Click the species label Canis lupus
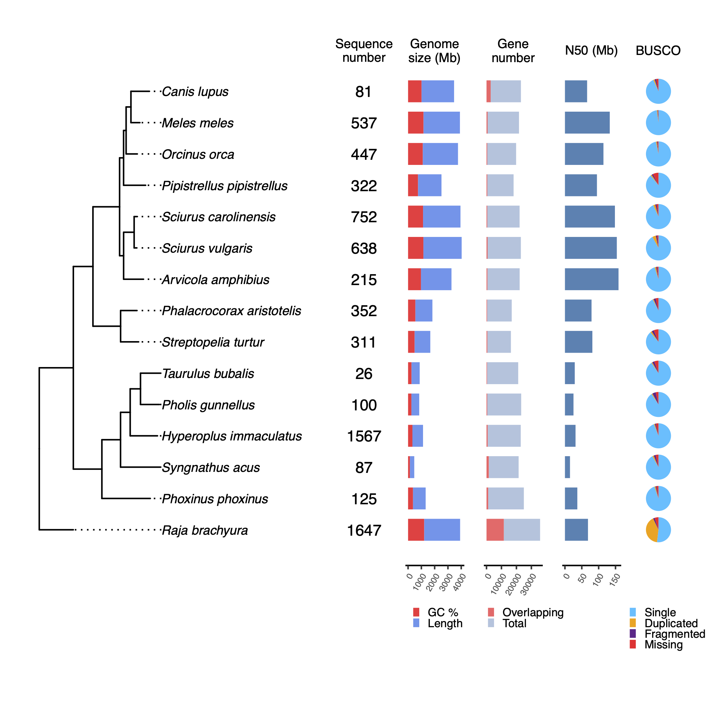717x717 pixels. [x=195, y=92]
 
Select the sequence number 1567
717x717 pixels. [x=364, y=436]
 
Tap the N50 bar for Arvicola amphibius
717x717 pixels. [x=591, y=279]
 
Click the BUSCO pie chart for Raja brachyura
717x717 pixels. [x=658, y=530]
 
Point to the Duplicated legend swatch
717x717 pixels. [x=633, y=623]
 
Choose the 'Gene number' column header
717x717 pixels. [x=513, y=51]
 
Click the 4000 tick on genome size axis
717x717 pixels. [x=461, y=567]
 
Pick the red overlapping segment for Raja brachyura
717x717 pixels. [x=495, y=530]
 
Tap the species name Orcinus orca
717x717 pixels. [x=198, y=154]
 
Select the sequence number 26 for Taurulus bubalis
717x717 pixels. [x=364, y=374]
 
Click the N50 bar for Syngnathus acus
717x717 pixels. [x=567, y=467]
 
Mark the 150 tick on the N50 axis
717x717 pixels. [x=616, y=567]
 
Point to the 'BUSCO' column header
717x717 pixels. [x=658, y=51]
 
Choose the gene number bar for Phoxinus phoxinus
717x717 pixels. [x=505, y=498]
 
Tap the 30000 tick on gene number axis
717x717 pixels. [x=531, y=567]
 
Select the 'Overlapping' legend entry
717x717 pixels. [x=533, y=612]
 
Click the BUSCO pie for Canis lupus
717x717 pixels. [x=658, y=91]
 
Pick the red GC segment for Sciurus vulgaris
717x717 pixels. [x=415, y=248]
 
